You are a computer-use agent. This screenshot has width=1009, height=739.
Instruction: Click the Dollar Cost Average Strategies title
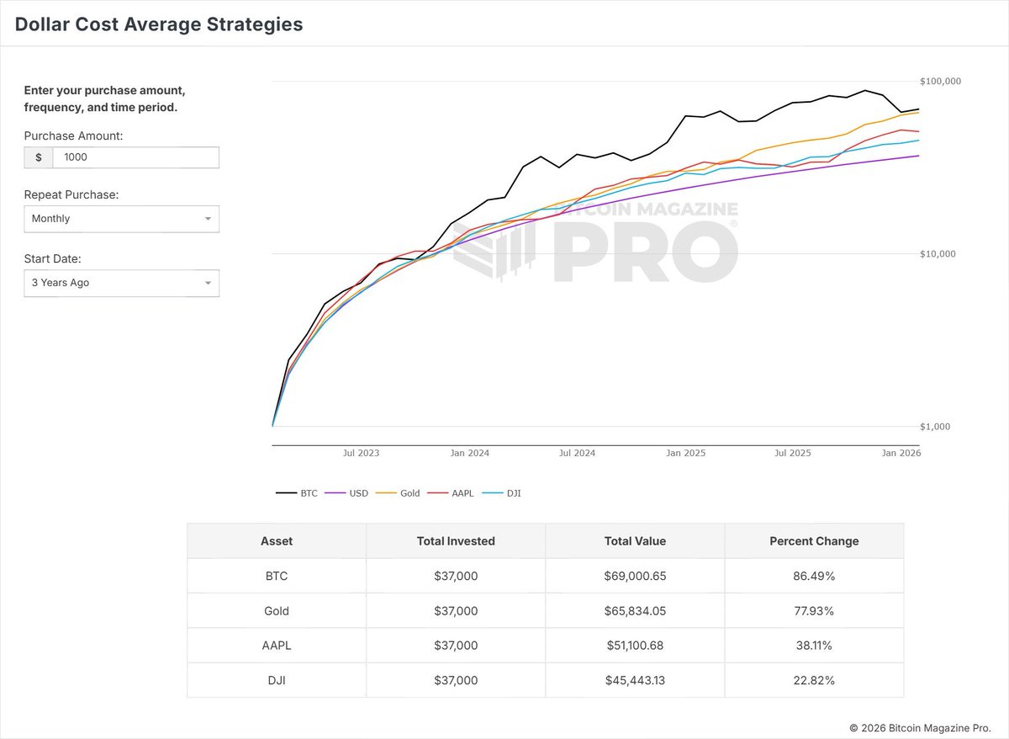coord(159,24)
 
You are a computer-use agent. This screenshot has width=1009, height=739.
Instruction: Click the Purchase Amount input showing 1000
coord(135,157)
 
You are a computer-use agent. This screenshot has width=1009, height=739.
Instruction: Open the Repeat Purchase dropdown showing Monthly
coord(121,219)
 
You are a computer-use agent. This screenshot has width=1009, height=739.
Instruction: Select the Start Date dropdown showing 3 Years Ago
coord(121,283)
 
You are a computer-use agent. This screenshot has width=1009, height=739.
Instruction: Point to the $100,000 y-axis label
coord(941,82)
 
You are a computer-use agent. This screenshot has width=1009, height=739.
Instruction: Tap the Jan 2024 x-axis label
coord(469,453)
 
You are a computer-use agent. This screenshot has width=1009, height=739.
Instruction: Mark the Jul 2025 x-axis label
coord(792,453)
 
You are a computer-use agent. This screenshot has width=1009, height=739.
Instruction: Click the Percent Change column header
coord(814,541)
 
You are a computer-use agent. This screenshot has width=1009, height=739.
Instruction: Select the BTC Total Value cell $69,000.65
coord(635,577)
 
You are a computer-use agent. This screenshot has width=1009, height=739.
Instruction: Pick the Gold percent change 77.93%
coord(814,611)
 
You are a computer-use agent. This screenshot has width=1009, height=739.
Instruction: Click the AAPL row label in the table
coord(277,646)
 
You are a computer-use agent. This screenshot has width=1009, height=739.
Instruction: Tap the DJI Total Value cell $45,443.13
coord(635,680)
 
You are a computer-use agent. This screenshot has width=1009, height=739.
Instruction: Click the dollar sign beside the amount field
coord(39,157)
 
